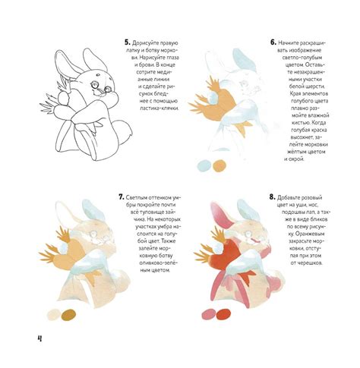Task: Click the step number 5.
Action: pyautogui.click(x=128, y=42)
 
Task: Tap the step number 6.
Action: pyautogui.click(x=273, y=42)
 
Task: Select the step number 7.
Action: pyautogui.click(x=122, y=197)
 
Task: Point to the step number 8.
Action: pyautogui.click(x=272, y=197)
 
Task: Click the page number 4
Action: pyautogui.click(x=39, y=338)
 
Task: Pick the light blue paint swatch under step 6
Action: pyautogui.click(x=204, y=166)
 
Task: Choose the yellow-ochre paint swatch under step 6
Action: pyautogui.click(x=219, y=165)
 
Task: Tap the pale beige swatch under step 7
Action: pyautogui.click(x=53, y=314)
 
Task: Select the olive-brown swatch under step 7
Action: pyautogui.click(x=69, y=314)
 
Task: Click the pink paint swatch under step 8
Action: pyautogui.click(x=208, y=314)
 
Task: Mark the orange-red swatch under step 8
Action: pyautogui.click(x=223, y=314)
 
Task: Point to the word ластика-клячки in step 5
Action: pyautogui.click(x=159, y=109)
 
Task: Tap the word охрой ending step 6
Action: pyautogui.click(x=297, y=159)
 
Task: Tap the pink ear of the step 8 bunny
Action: pyautogui.click(x=222, y=215)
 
